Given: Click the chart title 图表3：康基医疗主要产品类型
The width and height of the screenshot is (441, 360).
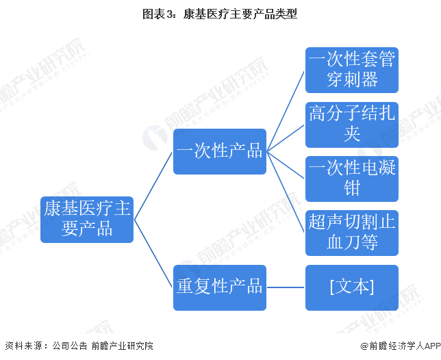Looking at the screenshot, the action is tap(220, 14).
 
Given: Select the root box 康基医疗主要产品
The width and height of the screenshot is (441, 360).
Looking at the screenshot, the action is tap(87, 220).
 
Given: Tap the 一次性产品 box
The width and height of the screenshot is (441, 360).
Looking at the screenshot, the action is tap(220, 151).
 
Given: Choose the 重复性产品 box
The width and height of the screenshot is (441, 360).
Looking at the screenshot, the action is tap(220, 287).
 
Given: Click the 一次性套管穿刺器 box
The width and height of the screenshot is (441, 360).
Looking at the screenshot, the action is tap(352, 70).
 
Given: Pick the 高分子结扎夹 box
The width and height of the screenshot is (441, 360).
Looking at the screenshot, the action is tap(352, 125).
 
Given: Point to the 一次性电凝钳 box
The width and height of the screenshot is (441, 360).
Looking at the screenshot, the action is tap(352, 179).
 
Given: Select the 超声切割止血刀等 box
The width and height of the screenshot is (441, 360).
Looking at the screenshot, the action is tap(352, 233).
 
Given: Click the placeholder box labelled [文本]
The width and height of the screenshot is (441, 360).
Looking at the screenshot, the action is tap(352, 287).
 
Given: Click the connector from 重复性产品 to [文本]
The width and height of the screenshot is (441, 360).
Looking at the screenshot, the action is tap(286, 287).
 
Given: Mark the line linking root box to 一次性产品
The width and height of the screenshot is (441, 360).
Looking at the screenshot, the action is tap(153, 185).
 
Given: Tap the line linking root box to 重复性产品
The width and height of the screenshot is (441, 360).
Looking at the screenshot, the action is tap(153, 253).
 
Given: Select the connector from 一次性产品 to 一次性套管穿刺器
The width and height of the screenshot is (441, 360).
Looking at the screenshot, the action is tap(286, 111).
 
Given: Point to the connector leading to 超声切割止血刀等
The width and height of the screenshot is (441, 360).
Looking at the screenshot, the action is tap(286, 192).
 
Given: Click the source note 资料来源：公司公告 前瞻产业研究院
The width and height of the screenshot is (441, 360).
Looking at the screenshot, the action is tap(79, 346).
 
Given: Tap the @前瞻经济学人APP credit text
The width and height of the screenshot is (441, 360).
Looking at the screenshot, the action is tap(401, 346).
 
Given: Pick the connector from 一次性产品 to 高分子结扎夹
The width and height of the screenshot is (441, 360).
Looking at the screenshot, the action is tap(286, 138).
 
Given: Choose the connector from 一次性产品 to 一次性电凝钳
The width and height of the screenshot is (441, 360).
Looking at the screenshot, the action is tap(286, 165).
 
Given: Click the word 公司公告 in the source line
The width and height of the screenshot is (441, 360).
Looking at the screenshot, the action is tap(70, 346).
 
